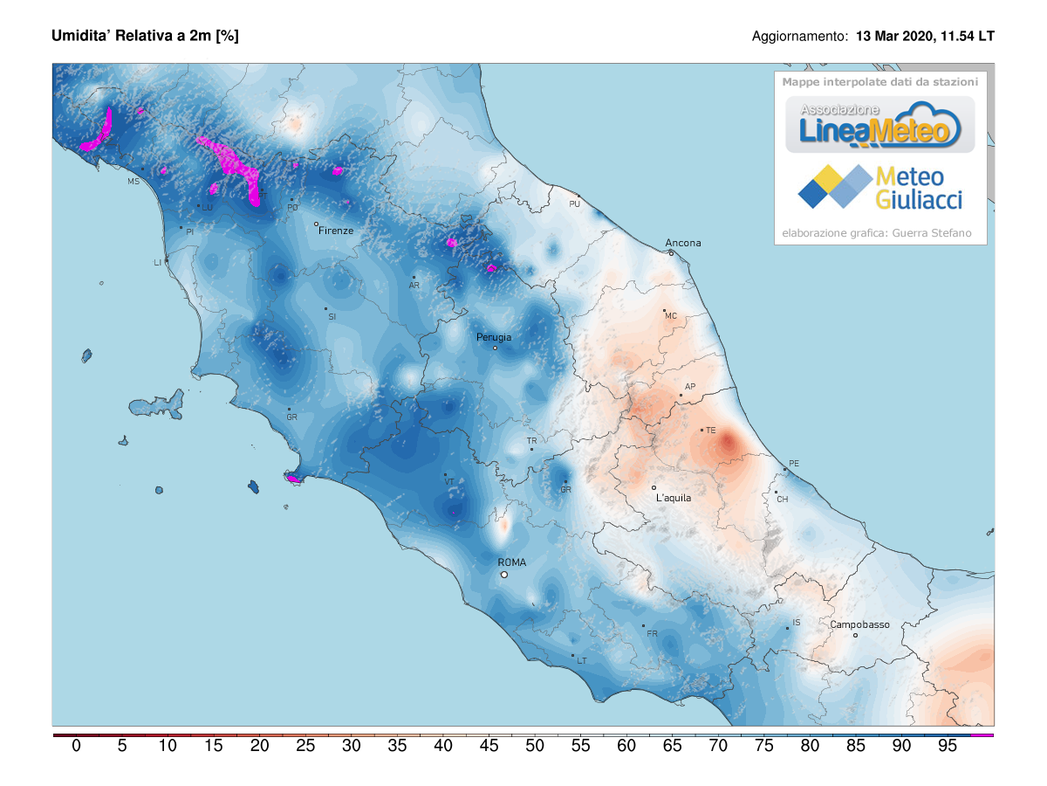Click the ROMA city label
point(511,562)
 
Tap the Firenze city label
point(336,231)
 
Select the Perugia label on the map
point(494,336)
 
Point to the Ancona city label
point(683,243)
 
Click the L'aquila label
point(674,498)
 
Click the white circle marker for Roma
point(503,575)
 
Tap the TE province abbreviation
point(710,431)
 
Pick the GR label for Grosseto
point(292,417)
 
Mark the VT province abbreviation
point(449,481)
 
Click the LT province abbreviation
point(582,661)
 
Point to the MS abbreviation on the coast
point(133,182)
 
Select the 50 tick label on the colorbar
point(535,747)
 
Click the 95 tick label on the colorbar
point(947,747)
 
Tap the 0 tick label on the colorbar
point(76,747)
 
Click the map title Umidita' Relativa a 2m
point(145,36)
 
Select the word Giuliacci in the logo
point(919,200)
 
